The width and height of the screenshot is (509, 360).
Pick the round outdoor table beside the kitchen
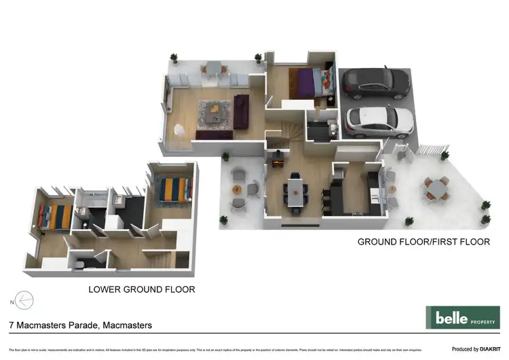[x=436, y=190]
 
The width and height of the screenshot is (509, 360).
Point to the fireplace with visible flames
[x=277, y=163]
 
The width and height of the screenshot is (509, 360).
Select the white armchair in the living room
[x=180, y=129]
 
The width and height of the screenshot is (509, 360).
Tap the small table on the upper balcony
[x=213, y=66]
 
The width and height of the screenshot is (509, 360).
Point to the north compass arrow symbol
[x=22, y=300]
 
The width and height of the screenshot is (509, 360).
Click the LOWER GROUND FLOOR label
[x=142, y=289]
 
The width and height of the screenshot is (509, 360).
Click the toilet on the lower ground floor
[x=79, y=265]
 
